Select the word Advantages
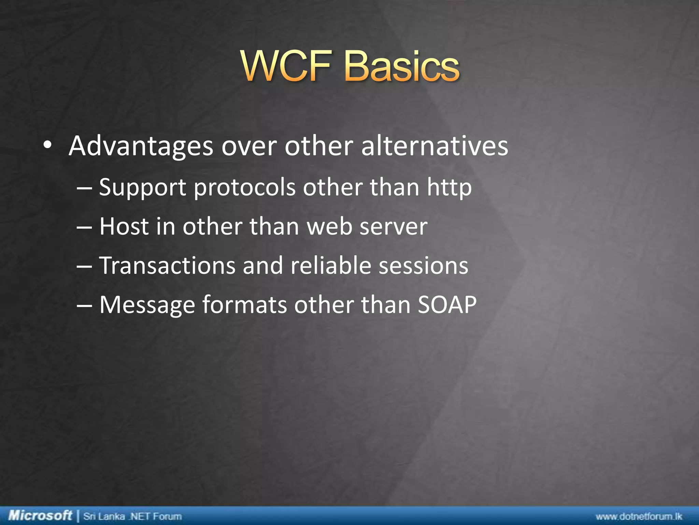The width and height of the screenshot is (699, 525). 141,146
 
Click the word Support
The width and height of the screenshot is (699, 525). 142,188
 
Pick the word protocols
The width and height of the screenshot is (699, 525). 244,188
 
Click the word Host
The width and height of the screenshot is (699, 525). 124,226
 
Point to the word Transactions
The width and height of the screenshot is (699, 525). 167,266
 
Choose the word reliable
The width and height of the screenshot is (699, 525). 330,266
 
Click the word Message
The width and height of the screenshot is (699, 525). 147,305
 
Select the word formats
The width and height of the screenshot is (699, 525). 244,304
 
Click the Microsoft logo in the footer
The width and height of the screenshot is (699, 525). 40,515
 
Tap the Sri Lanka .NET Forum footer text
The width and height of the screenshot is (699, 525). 132,516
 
